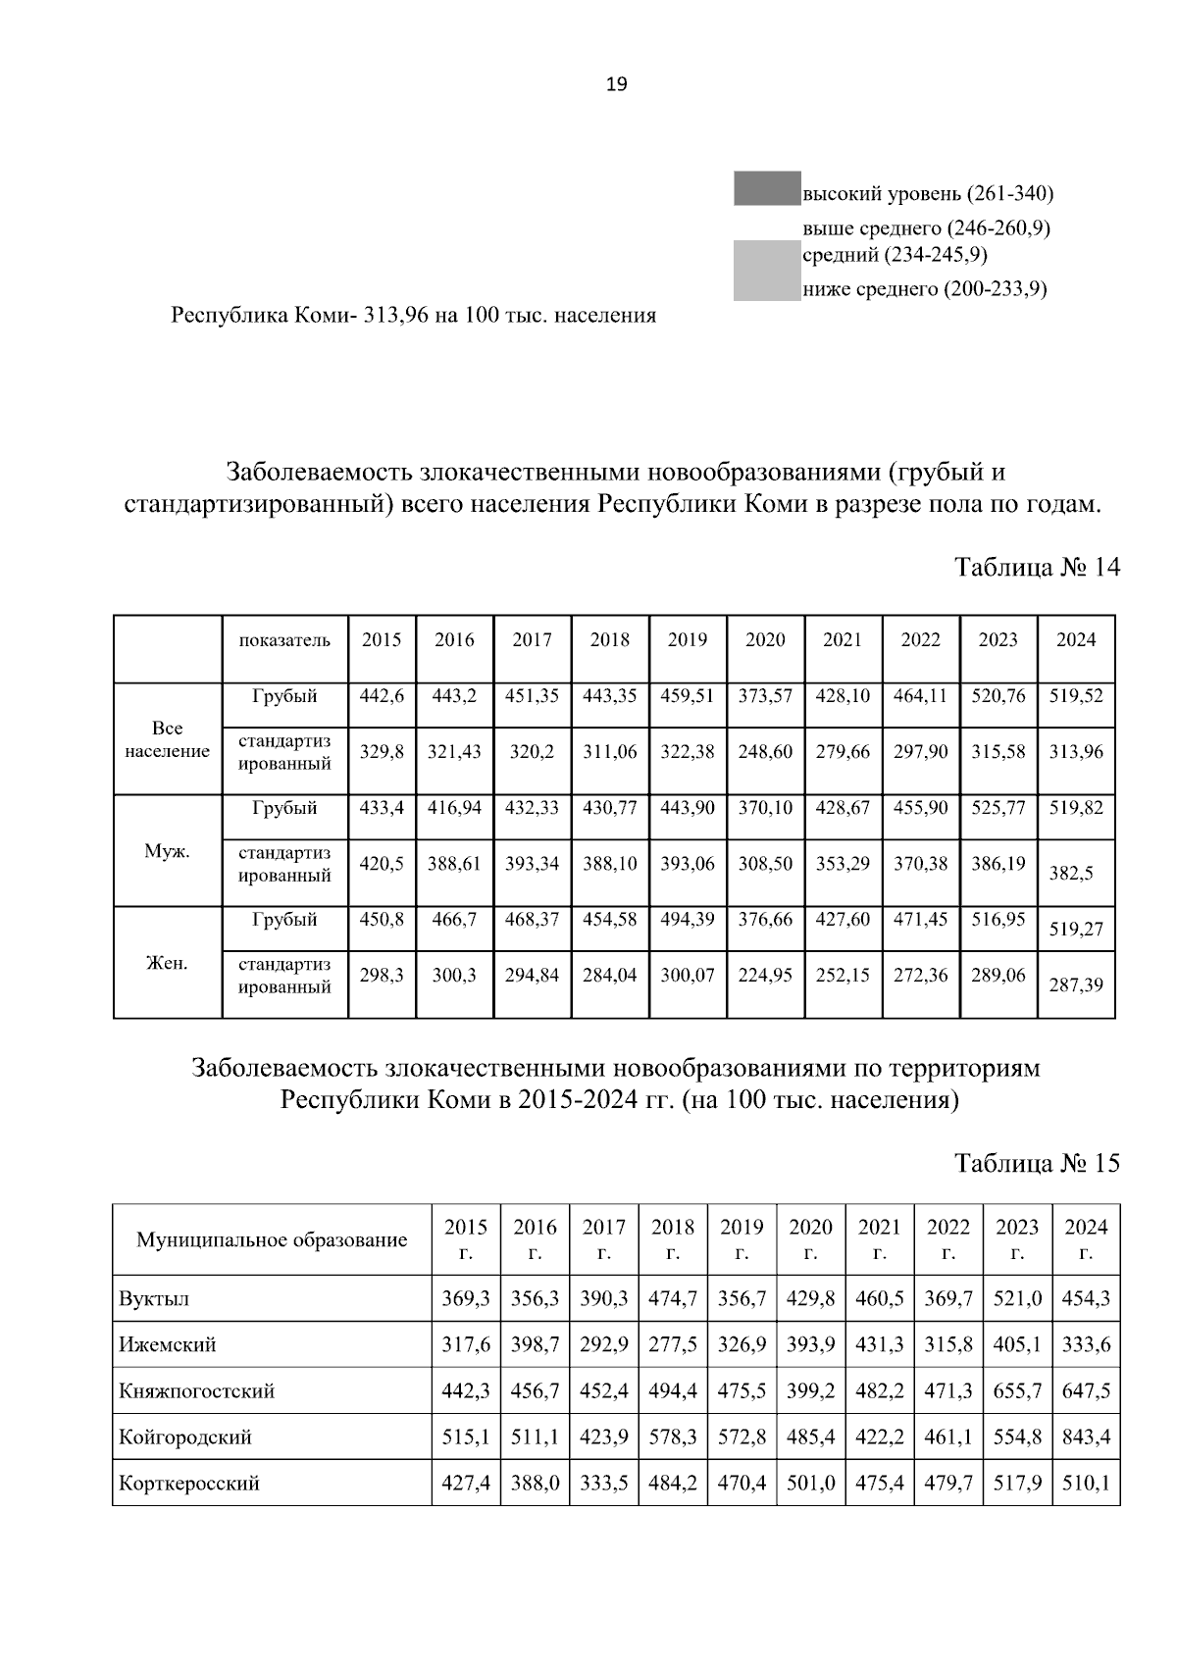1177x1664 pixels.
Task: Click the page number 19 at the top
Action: coord(616,84)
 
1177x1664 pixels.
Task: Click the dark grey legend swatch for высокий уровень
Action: coord(766,188)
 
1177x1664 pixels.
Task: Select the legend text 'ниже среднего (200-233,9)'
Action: coord(925,289)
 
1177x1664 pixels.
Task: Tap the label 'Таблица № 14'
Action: coord(1037,568)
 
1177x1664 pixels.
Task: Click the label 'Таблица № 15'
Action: coord(1037,1163)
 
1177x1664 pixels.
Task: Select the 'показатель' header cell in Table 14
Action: coord(284,640)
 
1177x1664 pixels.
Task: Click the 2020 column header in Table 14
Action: coord(765,640)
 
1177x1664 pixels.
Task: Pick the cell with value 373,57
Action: coord(765,696)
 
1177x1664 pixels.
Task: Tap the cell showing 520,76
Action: coord(998,696)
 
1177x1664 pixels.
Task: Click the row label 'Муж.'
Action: coord(167,851)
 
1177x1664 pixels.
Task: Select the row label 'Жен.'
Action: coord(167,963)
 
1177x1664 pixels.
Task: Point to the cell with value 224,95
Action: coord(765,976)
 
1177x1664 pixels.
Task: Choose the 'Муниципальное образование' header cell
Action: coord(272,1240)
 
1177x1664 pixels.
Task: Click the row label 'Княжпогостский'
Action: coord(196,1391)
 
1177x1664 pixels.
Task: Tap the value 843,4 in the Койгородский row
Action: coord(1086,1437)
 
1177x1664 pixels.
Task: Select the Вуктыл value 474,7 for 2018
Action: coord(673,1298)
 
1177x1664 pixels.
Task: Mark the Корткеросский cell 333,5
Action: coord(604,1484)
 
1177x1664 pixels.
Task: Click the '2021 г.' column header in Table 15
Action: coord(879,1240)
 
